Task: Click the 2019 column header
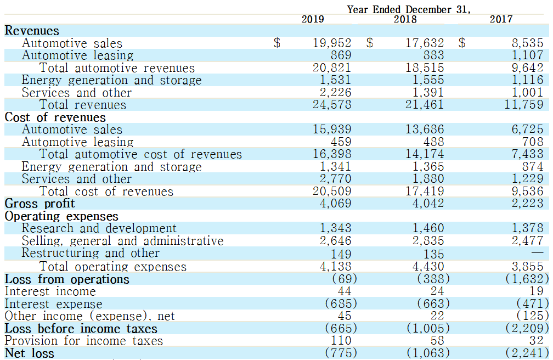(313, 19)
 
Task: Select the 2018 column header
(405, 19)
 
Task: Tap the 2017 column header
(501, 19)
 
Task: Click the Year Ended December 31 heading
(408, 9)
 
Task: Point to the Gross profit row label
(39, 204)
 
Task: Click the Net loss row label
(29, 353)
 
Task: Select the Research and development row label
(99, 228)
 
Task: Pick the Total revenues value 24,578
(332, 105)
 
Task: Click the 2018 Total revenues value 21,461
(424, 105)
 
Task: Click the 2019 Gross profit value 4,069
(335, 204)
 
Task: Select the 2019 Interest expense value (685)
(341, 303)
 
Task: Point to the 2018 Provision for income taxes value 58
(437, 341)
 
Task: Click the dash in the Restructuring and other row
(538, 252)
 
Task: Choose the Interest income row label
(50, 291)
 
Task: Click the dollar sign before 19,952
(277, 43)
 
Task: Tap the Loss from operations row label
(67, 279)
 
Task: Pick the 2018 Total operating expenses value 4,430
(428, 266)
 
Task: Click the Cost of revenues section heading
(55, 117)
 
